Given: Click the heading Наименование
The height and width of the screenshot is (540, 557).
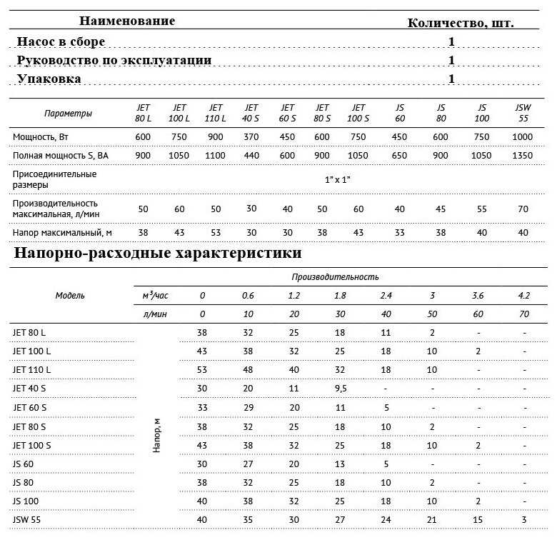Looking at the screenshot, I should (x=126, y=21).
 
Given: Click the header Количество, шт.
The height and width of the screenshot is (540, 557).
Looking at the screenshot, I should (x=461, y=23).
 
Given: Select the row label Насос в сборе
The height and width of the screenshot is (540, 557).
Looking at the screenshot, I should (x=61, y=41).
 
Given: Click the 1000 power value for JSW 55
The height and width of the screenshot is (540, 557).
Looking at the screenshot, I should (x=523, y=136).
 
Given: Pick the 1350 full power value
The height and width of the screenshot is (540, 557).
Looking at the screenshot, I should (x=523, y=156).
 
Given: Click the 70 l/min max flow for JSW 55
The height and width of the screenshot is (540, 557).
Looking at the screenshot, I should (x=523, y=209).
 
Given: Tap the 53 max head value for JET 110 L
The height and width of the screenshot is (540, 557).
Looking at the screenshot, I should (x=215, y=233).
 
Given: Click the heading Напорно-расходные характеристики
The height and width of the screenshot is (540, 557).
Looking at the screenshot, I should (x=157, y=254).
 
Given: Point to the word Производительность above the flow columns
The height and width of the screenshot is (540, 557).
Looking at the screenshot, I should (x=335, y=276).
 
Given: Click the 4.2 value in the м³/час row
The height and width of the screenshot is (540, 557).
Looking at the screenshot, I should (x=523, y=295).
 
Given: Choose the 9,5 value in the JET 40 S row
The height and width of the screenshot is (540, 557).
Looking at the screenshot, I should (x=340, y=389).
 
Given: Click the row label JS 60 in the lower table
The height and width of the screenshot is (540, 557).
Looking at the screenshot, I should (x=24, y=463).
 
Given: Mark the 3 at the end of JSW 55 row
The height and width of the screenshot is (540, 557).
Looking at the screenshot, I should (x=523, y=519).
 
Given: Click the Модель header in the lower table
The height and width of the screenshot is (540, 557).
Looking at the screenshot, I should (x=70, y=295).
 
